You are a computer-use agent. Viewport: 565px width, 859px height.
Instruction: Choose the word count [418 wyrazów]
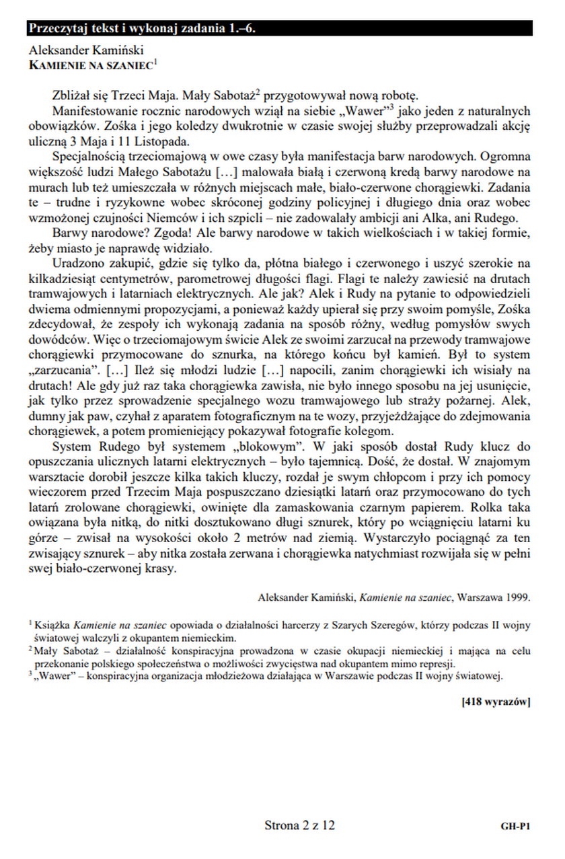(x=496, y=702)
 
